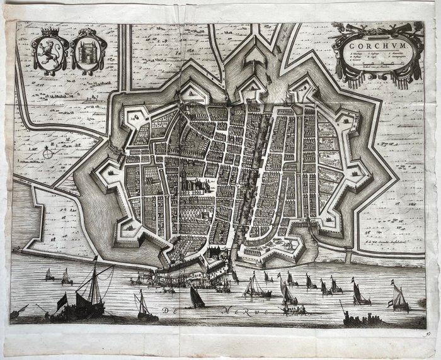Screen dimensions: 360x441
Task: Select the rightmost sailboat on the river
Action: coord(399,296)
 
